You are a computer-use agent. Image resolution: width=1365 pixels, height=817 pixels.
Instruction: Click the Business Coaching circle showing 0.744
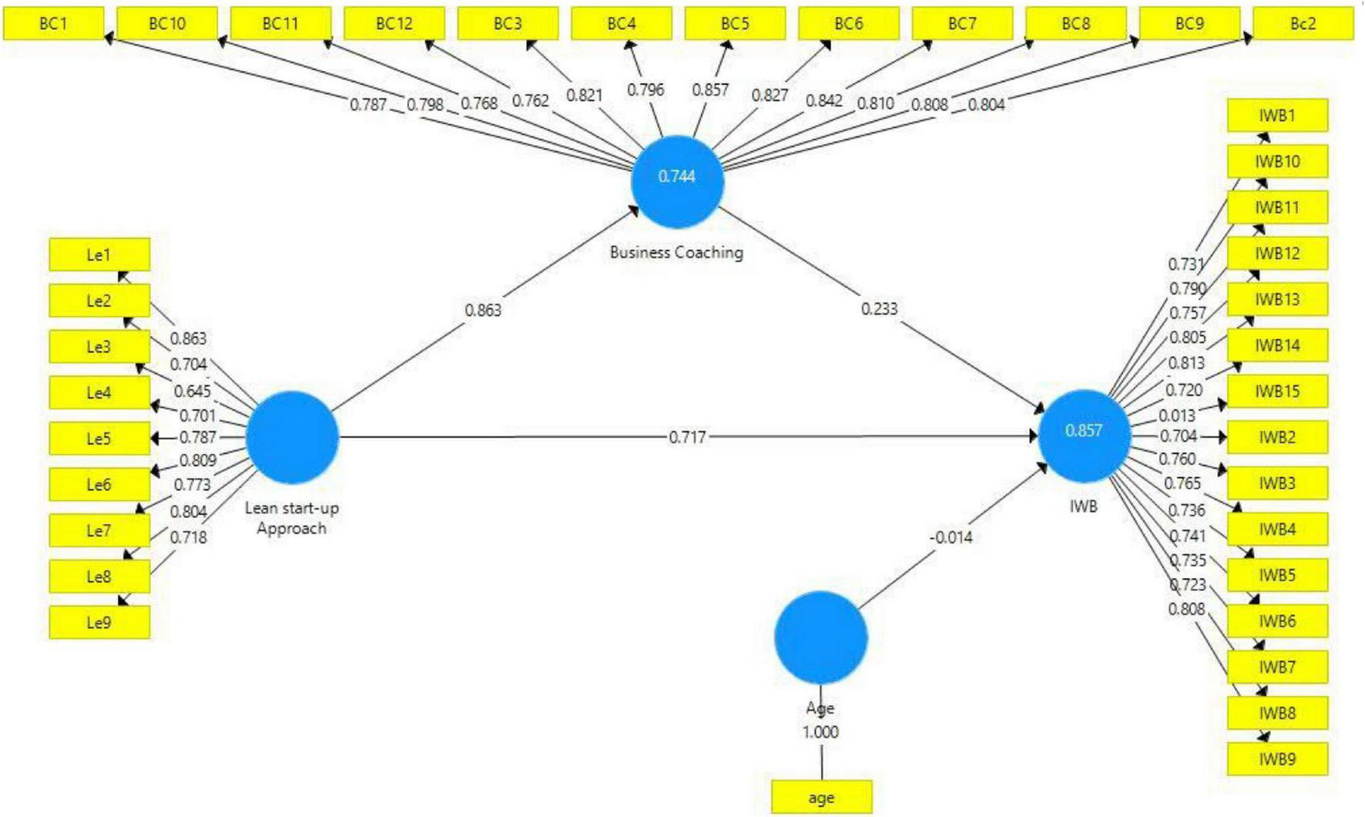coord(677,181)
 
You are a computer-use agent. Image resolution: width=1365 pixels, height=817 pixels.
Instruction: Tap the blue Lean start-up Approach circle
coord(292,437)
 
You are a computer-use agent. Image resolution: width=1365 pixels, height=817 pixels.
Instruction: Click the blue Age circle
coord(820,637)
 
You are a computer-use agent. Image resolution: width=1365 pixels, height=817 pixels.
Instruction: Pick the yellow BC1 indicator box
coord(53,24)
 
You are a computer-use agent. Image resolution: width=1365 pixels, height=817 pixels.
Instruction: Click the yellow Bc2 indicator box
coord(1303,24)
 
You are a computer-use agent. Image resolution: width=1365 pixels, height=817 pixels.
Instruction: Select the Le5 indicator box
coord(99,439)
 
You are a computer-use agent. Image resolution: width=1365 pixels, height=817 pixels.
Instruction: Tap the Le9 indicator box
coord(99,623)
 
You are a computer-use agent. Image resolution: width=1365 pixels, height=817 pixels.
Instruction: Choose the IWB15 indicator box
coord(1277,392)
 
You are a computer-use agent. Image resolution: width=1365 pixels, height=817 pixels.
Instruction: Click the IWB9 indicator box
coord(1277,759)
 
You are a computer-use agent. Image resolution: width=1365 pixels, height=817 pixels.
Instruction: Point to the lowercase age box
coord(821,798)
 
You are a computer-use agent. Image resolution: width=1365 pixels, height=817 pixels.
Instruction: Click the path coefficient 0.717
coord(687,438)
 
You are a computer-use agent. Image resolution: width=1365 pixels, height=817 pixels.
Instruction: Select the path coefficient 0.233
coord(879,309)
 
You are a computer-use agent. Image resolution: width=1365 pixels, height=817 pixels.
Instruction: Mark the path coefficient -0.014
coord(951,537)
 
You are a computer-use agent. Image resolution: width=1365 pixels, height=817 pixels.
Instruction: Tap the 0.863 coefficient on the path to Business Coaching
coord(483,310)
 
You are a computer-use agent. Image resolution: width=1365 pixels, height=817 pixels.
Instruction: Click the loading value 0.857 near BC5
coord(709,90)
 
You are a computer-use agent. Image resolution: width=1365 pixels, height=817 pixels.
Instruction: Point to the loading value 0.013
coord(1177,416)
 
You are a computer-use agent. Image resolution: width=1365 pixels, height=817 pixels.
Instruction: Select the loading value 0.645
coord(192,391)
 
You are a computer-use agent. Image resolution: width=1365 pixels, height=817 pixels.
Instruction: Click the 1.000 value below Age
coord(820,732)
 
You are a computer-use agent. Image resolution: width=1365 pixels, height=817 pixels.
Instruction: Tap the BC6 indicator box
coord(848,24)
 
